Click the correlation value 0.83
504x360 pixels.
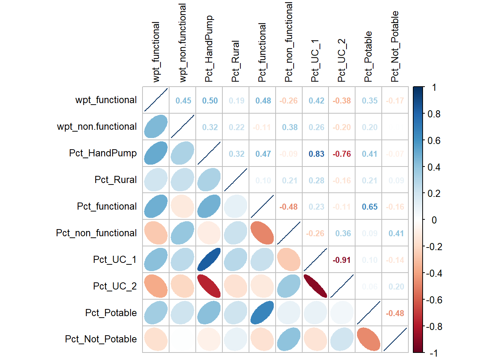[316, 154]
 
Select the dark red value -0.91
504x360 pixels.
[342, 260]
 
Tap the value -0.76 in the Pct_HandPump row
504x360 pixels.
[342, 154]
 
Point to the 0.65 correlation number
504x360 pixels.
[369, 207]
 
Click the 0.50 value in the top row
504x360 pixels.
[210, 100]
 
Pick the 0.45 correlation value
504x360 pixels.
[183, 100]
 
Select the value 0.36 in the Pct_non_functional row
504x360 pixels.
[343, 233]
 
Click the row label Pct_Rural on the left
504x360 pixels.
[115, 180]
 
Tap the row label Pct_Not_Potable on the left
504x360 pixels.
[100, 339]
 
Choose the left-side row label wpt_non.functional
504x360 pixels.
[97, 127]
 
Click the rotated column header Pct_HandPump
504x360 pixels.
[209, 49]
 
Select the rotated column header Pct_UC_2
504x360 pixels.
[342, 60]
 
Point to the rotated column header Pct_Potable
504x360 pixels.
[368, 57]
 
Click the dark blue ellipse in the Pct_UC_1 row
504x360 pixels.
[209, 259]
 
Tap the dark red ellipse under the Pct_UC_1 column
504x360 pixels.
[315, 286]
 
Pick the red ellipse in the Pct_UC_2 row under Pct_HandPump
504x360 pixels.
[209, 286]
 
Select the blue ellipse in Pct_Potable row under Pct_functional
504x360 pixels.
[262, 313]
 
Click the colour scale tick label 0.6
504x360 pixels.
[434, 141]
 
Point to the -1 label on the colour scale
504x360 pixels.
[433, 353]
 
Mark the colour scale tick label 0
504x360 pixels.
[434, 220]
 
